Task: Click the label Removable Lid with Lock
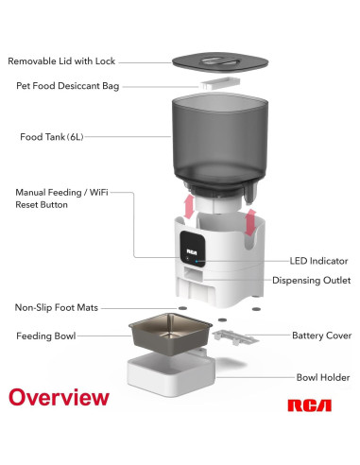[x=61, y=61]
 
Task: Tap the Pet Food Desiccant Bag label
[x=68, y=86]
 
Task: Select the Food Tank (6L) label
[x=52, y=137]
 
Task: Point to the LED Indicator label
[x=318, y=261]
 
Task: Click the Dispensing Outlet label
[x=311, y=281]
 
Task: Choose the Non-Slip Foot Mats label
[x=57, y=307]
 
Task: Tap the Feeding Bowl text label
[x=46, y=336]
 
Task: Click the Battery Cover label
[x=322, y=336]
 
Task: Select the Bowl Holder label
[x=323, y=377]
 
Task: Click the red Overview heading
[x=59, y=397]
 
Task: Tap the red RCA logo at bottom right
[x=309, y=405]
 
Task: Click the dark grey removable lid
[x=220, y=62]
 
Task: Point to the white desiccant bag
[x=220, y=83]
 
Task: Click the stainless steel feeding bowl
[x=170, y=334]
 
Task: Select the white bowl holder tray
[x=172, y=373]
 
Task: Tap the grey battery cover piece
[x=235, y=337]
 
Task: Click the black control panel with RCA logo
[x=193, y=249]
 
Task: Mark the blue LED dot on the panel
[x=197, y=261]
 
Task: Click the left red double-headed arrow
[x=189, y=206]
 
